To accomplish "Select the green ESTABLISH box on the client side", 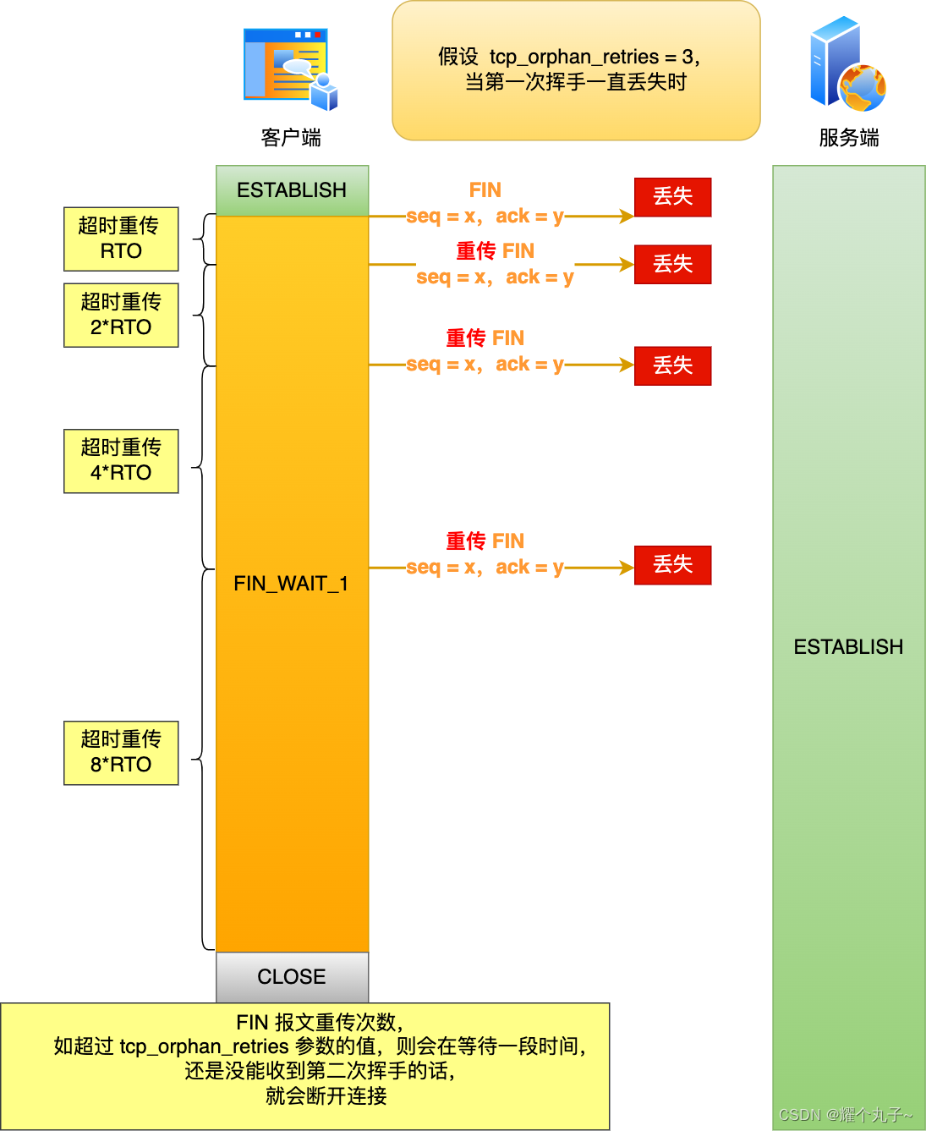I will (x=292, y=190).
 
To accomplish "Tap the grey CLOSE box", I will (x=292, y=977).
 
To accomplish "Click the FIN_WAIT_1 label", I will (x=291, y=584).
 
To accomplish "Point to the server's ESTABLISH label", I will (x=848, y=647).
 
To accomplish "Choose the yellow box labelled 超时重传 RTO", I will (x=121, y=239).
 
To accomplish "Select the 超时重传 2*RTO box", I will (x=121, y=315).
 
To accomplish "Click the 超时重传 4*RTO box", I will (x=121, y=460).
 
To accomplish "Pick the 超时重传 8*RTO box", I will (x=121, y=752).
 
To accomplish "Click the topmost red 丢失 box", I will (x=672, y=197).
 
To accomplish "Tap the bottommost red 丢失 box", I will (x=672, y=565).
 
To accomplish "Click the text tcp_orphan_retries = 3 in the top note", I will (x=595, y=58).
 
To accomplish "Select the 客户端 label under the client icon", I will (x=291, y=138).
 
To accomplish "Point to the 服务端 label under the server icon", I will (x=848, y=138).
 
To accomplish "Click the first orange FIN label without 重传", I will (x=485, y=190).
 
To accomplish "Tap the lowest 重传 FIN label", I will (x=485, y=541).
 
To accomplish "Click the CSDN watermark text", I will (x=845, y=1115).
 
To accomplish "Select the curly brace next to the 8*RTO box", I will (x=200, y=760).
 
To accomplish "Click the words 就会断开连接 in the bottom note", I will (x=326, y=1096).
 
